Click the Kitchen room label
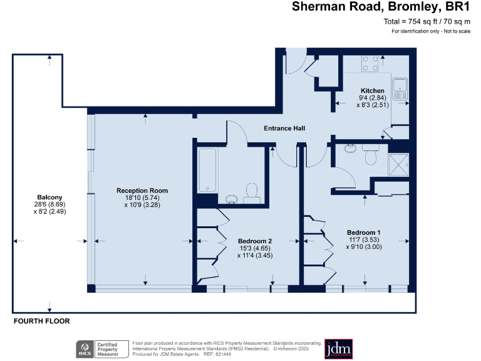pyautogui.click(x=372, y=91)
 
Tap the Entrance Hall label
pyautogui.click(x=284, y=128)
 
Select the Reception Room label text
pyautogui.click(x=142, y=191)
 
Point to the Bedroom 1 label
pyautogui.click(x=363, y=232)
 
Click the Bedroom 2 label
pyautogui.click(x=255, y=240)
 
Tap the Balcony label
pyautogui.click(x=49, y=196)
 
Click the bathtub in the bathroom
pyautogui.click(x=207, y=170)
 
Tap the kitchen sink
pyautogui.click(x=399, y=86)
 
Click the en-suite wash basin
pyautogui.click(x=351, y=149)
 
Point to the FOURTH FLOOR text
pyautogui.click(x=42, y=321)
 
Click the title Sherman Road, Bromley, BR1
pyautogui.click(x=381, y=8)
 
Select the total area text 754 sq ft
pyautogui.click(x=426, y=22)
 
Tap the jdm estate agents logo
pyautogui.click(x=338, y=348)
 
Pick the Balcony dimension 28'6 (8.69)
pyautogui.click(x=49, y=204)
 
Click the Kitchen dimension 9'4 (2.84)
pyautogui.click(x=372, y=98)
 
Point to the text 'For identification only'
pyautogui.click(x=431, y=31)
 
